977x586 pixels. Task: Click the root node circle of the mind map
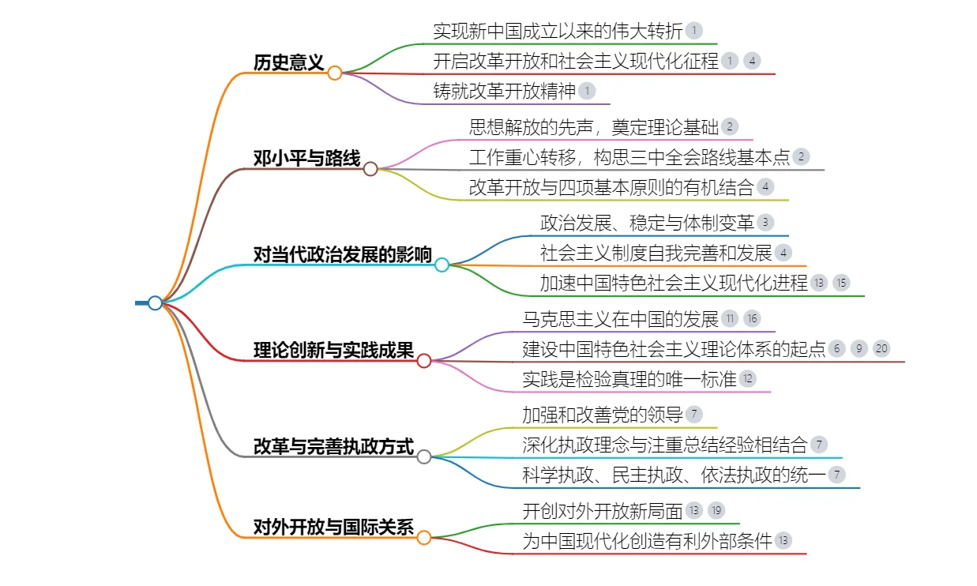(155, 302)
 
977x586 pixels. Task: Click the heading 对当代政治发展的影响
(342, 254)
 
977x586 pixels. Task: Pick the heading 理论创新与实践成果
(333, 351)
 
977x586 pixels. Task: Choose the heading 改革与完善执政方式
(333, 446)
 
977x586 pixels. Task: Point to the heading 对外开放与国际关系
(333, 527)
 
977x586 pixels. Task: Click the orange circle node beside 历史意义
(335, 73)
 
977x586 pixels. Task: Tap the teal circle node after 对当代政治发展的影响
(442, 265)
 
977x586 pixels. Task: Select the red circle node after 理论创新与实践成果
(424, 361)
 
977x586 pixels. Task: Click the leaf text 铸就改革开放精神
(505, 91)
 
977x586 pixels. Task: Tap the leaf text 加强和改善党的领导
(602, 415)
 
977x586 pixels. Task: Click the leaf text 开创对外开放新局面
(602, 511)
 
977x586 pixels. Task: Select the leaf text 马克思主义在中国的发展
(620, 319)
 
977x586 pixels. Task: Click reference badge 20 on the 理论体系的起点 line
(881, 349)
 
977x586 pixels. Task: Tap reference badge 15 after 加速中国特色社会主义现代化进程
(841, 283)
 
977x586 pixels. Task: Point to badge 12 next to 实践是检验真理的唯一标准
(748, 379)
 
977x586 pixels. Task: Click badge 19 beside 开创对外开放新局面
(716, 511)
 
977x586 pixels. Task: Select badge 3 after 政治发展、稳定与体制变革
(765, 223)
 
